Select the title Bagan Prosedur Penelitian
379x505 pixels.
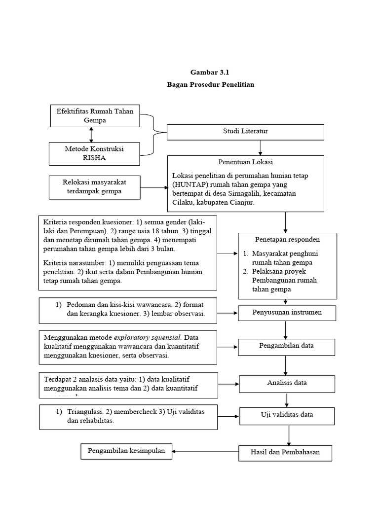[x=210, y=85]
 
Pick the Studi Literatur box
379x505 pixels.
[x=245, y=132]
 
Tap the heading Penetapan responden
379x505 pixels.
[x=280, y=240]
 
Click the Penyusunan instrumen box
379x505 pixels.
[x=287, y=313]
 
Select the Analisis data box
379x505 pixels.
[x=287, y=383]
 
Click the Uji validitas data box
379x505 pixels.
[x=287, y=415]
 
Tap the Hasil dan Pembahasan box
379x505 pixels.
[x=285, y=452]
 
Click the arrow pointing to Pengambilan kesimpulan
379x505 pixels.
[x=202, y=451]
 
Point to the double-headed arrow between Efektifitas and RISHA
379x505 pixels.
[x=91, y=134]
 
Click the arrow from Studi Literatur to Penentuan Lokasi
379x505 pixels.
[x=260, y=147]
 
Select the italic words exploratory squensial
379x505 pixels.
[x=148, y=338]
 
